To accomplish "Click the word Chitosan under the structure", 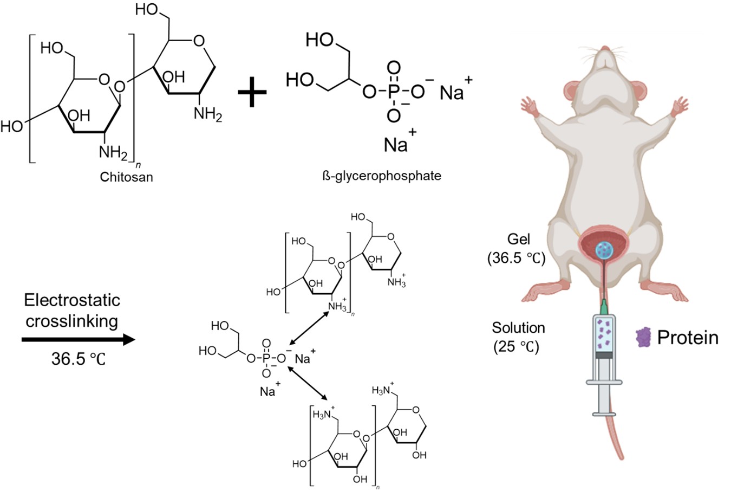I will tap(126, 177).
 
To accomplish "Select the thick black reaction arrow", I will tap(78, 340).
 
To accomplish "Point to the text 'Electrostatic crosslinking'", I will tap(71, 311).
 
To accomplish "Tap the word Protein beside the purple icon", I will tap(687, 337).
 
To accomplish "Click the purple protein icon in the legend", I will tap(643, 337).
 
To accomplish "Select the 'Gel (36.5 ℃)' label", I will tap(516, 249).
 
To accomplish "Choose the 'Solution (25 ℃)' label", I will tap(518, 337).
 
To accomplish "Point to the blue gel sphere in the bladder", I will tap(604, 249).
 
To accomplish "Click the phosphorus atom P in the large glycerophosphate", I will tap(394, 91).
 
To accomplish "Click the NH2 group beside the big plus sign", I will tap(208, 114).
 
